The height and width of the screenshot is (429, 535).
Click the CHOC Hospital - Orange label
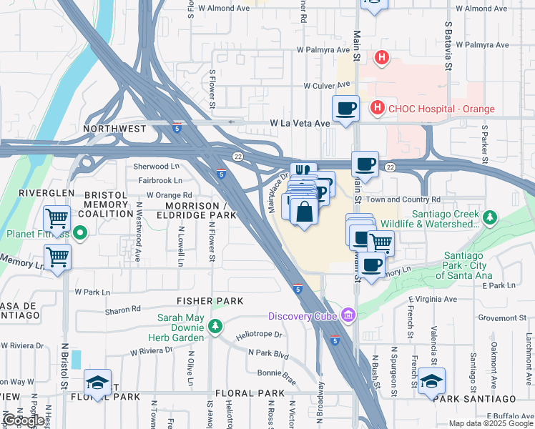[x=441, y=109]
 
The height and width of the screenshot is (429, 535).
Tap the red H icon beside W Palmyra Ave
[x=382, y=58]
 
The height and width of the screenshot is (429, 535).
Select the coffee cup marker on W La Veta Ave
[x=345, y=109]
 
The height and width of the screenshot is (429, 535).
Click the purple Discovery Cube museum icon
[x=348, y=315]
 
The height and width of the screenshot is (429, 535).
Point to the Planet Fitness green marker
[x=80, y=232]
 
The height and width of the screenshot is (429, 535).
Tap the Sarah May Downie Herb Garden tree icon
[x=215, y=327]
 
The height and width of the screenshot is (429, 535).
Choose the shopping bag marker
[x=305, y=212]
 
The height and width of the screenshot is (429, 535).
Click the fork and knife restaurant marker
[x=303, y=172]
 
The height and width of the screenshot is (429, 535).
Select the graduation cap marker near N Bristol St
[x=98, y=381]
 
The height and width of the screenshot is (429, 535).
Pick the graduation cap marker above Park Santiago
[x=431, y=380]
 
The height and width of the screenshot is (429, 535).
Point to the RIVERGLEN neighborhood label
[x=42, y=193]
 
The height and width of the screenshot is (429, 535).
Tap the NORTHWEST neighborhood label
[x=114, y=129]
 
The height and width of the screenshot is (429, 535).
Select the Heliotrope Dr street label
[x=260, y=334]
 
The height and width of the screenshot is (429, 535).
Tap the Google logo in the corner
[x=23, y=420]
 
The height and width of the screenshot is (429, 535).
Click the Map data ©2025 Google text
[x=491, y=423]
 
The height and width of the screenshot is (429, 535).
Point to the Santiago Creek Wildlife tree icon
[x=489, y=216]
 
